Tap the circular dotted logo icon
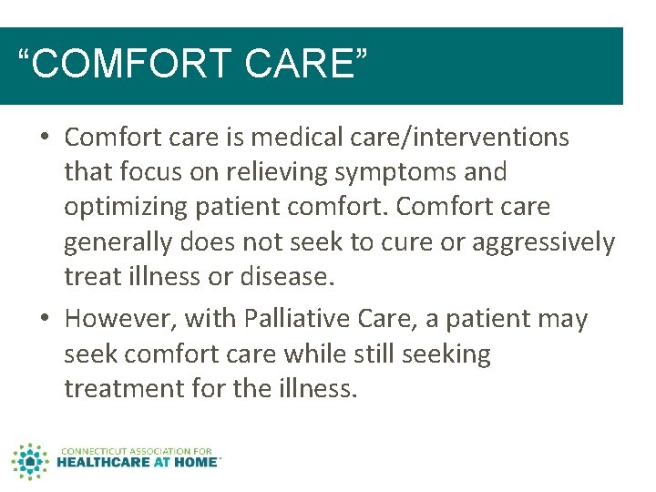(x=29, y=461)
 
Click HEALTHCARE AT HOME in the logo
(x=137, y=462)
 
